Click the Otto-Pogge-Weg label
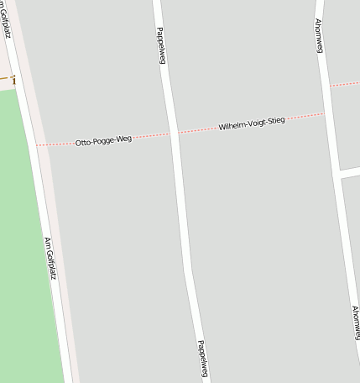coord(103,141)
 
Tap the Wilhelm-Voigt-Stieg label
coord(252,123)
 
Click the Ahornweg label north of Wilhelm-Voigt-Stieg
coord(320,35)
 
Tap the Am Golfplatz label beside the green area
coord(50,258)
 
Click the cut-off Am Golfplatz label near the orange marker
coord(5,18)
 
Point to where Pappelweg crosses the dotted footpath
coord(175,133)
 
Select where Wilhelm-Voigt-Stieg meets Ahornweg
coord(325,113)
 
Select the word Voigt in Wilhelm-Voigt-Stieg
coord(255,123)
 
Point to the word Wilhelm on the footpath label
coord(231,126)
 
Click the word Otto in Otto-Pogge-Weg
coord(82,144)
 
